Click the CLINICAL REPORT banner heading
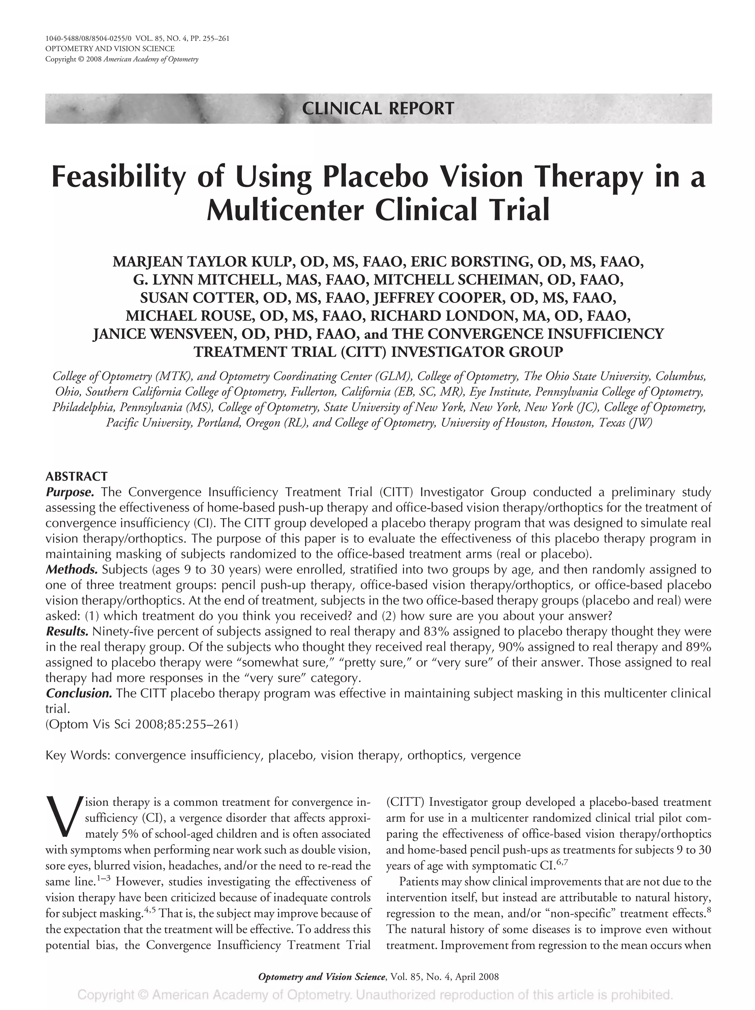click(378, 109)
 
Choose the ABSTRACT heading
click(76, 477)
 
